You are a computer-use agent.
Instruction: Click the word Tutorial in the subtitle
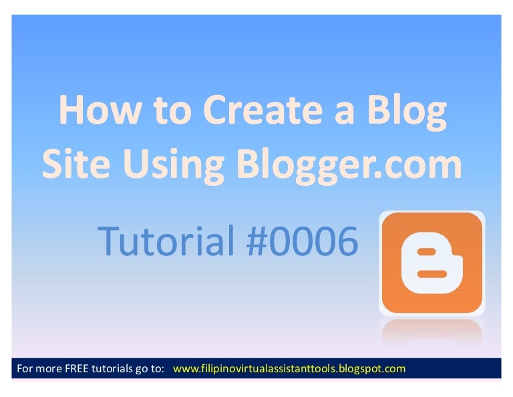point(165,242)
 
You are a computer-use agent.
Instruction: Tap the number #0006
point(303,242)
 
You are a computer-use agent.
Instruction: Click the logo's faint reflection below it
point(431,331)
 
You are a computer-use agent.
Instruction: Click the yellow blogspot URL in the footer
point(289,368)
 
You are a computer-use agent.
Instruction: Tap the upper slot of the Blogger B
point(426,253)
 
